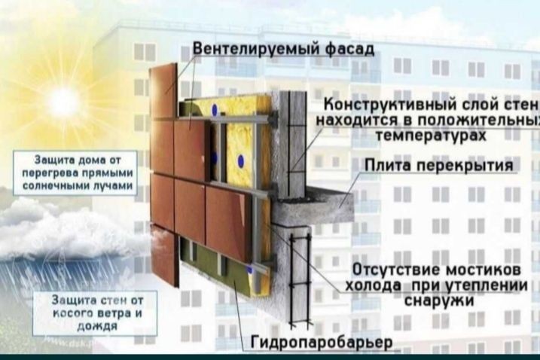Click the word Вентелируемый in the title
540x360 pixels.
coord(257,48)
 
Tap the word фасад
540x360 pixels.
coord(350,48)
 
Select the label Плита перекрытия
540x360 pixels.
coord(439,166)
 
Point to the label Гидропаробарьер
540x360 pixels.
coord(322,342)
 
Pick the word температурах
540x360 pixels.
coord(431,135)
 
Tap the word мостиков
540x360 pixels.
coord(483,270)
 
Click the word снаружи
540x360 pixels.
coord(439,301)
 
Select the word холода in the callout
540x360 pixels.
coord(373,285)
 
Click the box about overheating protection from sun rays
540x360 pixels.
coord(75,173)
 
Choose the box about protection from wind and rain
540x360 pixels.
coord(96,313)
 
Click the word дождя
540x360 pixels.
coord(97,326)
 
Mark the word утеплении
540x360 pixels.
coord(487,285)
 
